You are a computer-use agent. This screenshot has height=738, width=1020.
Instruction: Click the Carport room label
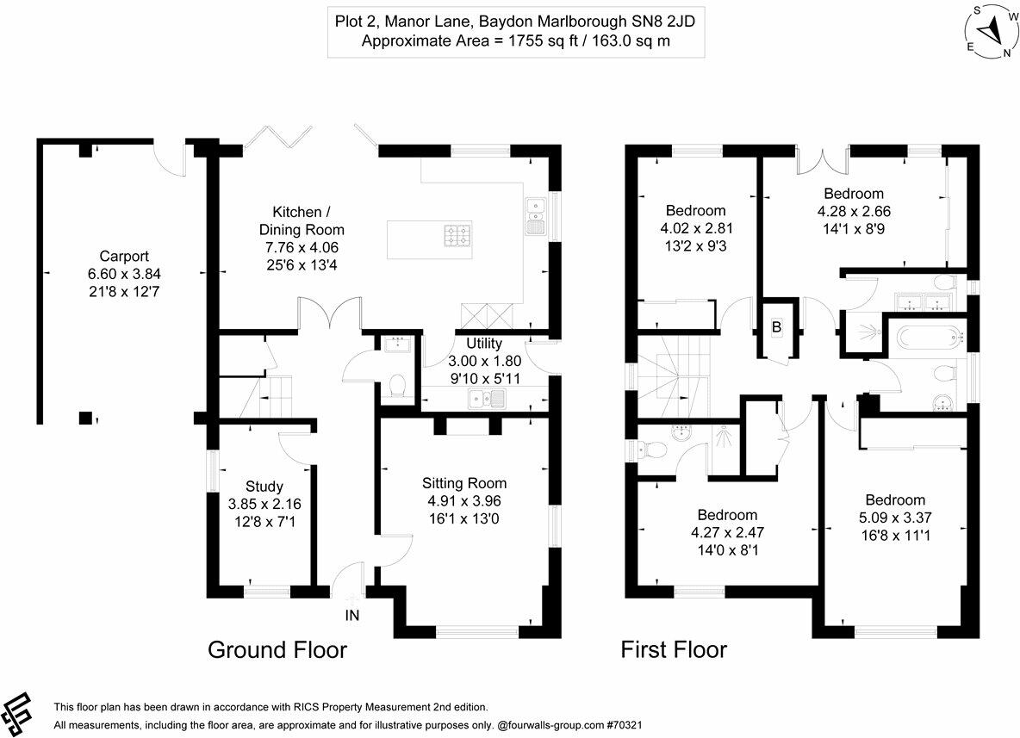(124, 256)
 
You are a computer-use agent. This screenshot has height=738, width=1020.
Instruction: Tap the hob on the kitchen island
(457, 235)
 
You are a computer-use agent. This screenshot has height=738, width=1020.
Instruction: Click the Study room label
(264, 486)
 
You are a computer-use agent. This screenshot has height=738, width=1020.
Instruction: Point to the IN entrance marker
(352, 616)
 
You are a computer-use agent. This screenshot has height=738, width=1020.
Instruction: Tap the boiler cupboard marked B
(775, 328)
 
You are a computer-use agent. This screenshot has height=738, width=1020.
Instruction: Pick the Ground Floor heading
(277, 649)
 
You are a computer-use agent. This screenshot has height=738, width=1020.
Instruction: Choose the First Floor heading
(674, 649)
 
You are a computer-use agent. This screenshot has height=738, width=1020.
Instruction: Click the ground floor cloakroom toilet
(399, 387)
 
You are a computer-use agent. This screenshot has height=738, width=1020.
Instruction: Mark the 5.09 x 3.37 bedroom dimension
(895, 518)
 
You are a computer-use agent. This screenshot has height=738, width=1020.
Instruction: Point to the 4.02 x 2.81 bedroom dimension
(695, 228)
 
